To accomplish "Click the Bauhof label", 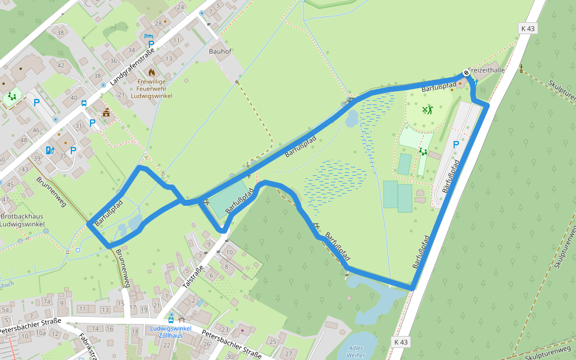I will (220, 52).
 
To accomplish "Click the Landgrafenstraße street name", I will (133, 65).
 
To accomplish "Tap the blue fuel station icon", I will (50, 150).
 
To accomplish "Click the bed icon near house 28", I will (148, 36).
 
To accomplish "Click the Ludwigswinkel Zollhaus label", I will (171, 332).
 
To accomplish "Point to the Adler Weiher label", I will (356, 351).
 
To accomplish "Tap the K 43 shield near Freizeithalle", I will (527, 28).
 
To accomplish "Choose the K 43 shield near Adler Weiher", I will (401, 342).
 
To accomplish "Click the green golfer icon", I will (427, 109).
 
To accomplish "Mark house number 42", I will (60, 64).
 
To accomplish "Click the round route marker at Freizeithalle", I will (466, 73).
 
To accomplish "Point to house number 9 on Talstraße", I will (208, 244).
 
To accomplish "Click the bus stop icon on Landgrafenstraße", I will (84, 103).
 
